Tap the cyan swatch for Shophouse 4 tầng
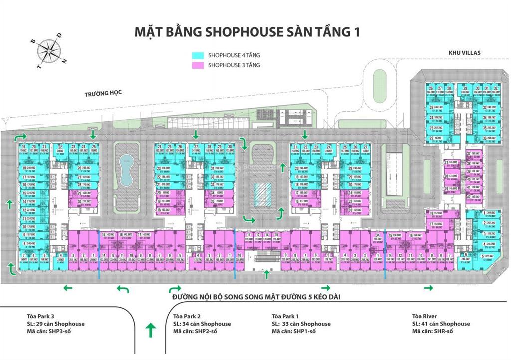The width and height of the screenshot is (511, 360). pyautogui.click(x=198, y=56)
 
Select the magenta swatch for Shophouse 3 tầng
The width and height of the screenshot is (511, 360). pyautogui.click(x=198, y=65)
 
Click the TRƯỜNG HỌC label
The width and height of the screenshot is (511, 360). pyautogui.click(x=103, y=93)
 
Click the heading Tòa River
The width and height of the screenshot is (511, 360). pyautogui.click(x=424, y=316)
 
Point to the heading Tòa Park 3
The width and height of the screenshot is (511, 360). pyautogui.click(x=42, y=316)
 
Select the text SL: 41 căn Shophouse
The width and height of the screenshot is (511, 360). pyautogui.click(x=441, y=324)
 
